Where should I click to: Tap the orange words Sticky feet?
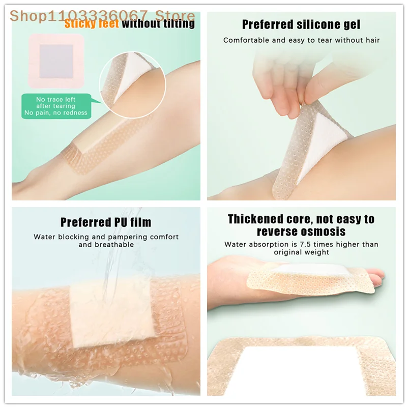(92, 23)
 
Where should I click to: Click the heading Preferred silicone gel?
(301, 24)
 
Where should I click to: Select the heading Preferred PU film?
(106, 222)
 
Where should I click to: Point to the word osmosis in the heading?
(322, 231)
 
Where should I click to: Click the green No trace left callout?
(55, 106)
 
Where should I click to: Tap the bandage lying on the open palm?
(305, 277)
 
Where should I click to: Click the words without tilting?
(158, 23)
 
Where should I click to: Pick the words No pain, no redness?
(55, 113)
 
